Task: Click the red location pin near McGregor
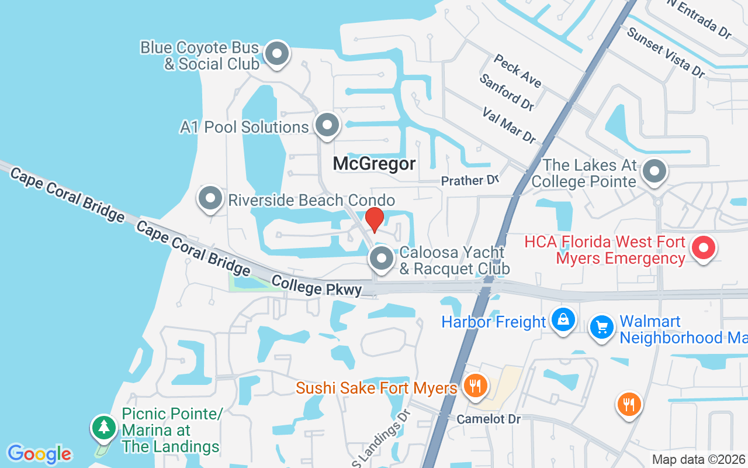click(x=374, y=219)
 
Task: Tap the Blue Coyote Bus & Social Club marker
click(x=277, y=54)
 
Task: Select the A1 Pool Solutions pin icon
click(x=327, y=125)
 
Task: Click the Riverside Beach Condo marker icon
click(x=210, y=199)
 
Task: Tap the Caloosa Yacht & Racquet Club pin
click(x=382, y=258)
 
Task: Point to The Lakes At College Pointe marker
click(x=654, y=172)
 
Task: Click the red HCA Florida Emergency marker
click(x=704, y=247)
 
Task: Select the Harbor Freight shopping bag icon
click(x=563, y=319)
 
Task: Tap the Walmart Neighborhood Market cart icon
click(x=601, y=326)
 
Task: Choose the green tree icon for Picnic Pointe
click(x=104, y=427)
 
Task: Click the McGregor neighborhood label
click(x=374, y=164)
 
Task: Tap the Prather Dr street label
click(x=470, y=181)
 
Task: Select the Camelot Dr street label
click(x=489, y=419)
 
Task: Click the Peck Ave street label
click(x=517, y=70)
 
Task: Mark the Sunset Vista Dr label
click(x=665, y=51)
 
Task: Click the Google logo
click(x=39, y=454)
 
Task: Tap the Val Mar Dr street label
click(x=509, y=125)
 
